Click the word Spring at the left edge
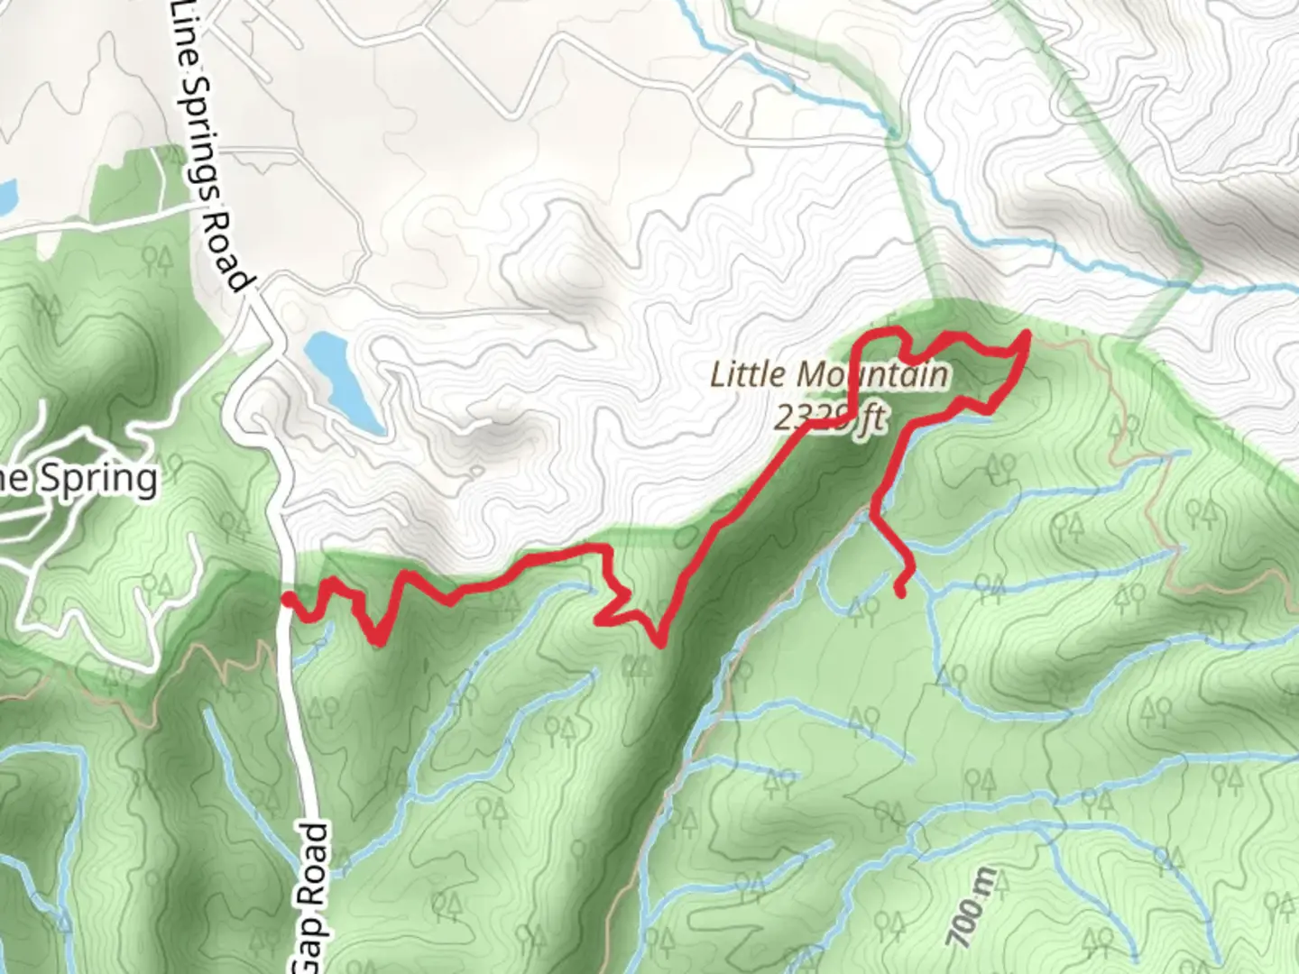(x=99, y=479)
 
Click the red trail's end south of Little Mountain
(x=900, y=592)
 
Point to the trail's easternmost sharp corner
(x=1027, y=336)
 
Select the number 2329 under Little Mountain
(x=811, y=419)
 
